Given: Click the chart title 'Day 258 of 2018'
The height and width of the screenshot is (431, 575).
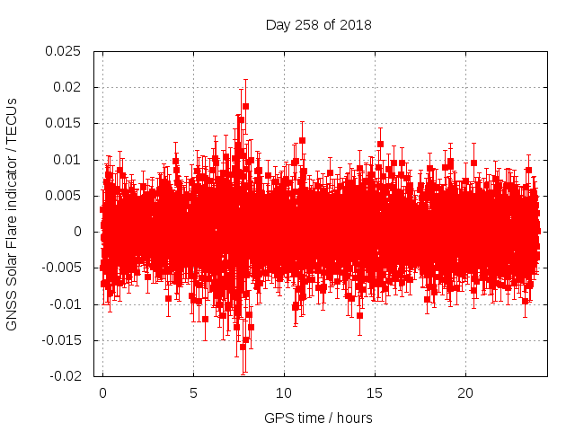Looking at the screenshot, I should (318, 24).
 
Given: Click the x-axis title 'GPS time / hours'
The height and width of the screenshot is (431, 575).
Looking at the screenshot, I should (318, 418).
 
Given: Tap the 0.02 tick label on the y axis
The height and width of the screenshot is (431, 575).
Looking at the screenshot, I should (70, 87).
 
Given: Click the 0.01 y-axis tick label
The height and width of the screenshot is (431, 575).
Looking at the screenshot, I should (70, 160).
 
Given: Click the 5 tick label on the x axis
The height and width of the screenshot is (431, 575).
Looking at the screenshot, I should (193, 393).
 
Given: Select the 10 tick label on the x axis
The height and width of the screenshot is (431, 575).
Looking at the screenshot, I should (284, 393).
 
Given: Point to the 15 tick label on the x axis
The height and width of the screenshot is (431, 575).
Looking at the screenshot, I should (375, 393).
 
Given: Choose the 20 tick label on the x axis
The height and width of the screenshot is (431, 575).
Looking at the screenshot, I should (465, 393).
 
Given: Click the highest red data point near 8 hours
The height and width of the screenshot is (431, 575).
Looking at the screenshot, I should (245, 106).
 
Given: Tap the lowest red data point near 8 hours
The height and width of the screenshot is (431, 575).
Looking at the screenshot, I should (243, 347).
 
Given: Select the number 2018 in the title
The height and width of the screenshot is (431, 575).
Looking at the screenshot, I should (354, 24).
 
